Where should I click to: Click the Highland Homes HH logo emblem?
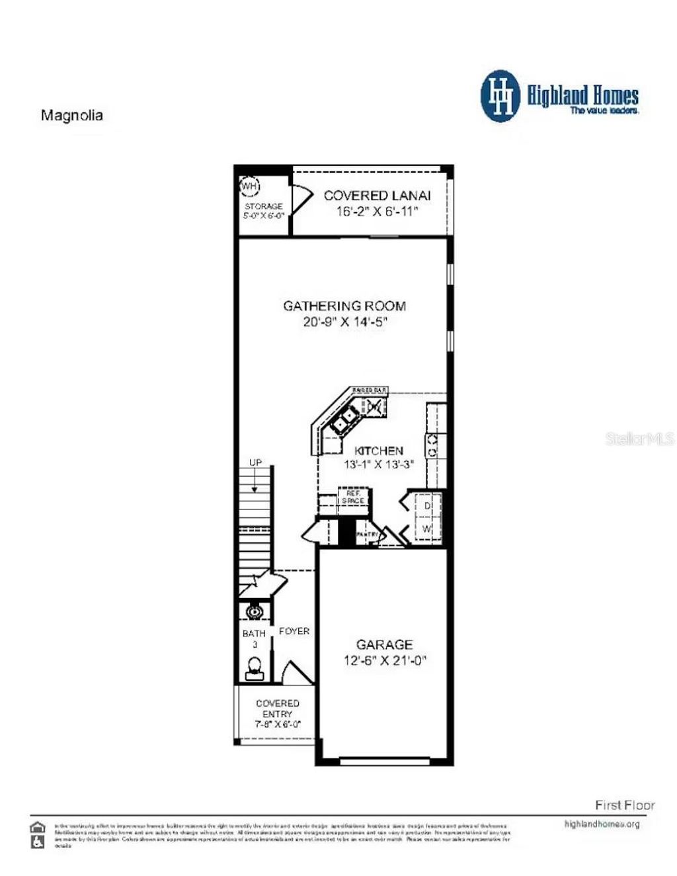pyautogui.click(x=500, y=96)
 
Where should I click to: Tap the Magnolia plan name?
pyautogui.click(x=72, y=115)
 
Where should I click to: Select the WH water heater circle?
pyautogui.click(x=249, y=186)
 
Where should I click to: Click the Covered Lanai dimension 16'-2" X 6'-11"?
pyautogui.click(x=377, y=212)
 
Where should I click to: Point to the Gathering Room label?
pyautogui.click(x=344, y=306)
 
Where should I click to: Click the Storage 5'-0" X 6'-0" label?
pyautogui.click(x=264, y=210)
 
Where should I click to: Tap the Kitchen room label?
pyautogui.click(x=378, y=451)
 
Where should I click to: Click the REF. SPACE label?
pyautogui.click(x=353, y=497)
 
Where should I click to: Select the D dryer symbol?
pyautogui.click(x=427, y=505)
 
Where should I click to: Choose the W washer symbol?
pyautogui.click(x=427, y=529)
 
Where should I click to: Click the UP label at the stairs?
pyautogui.click(x=255, y=462)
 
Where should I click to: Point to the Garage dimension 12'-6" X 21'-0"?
pyautogui.click(x=385, y=660)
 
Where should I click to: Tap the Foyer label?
pyautogui.click(x=294, y=631)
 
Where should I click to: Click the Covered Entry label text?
pyautogui.click(x=278, y=709)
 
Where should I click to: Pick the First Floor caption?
pyautogui.click(x=624, y=805)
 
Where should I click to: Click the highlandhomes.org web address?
pyautogui.click(x=602, y=824)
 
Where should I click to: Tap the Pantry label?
pyautogui.click(x=367, y=534)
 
